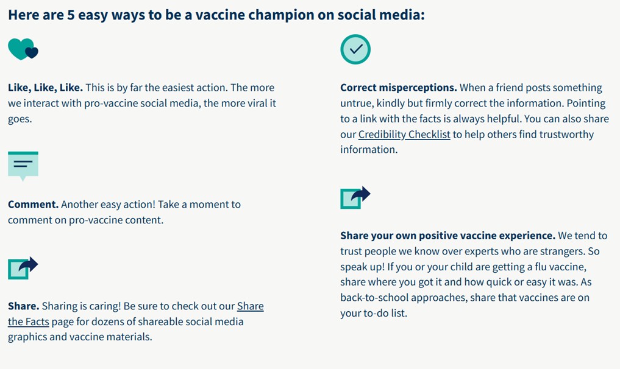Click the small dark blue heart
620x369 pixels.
pyautogui.click(x=32, y=52)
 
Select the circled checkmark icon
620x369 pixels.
pyautogui.click(x=355, y=49)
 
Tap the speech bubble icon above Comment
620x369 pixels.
pyautogui.click(x=23, y=165)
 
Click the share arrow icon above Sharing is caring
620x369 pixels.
pyautogui.click(x=23, y=267)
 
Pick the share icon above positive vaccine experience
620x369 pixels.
pyautogui.click(x=355, y=197)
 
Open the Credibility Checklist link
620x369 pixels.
pyautogui.click(x=404, y=135)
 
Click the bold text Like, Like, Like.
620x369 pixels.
pyautogui.click(x=45, y=88)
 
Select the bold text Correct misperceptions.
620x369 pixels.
pyautogui.click(x=398, y=88)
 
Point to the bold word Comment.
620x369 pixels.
pyautogui.click(x=33, y=205)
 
